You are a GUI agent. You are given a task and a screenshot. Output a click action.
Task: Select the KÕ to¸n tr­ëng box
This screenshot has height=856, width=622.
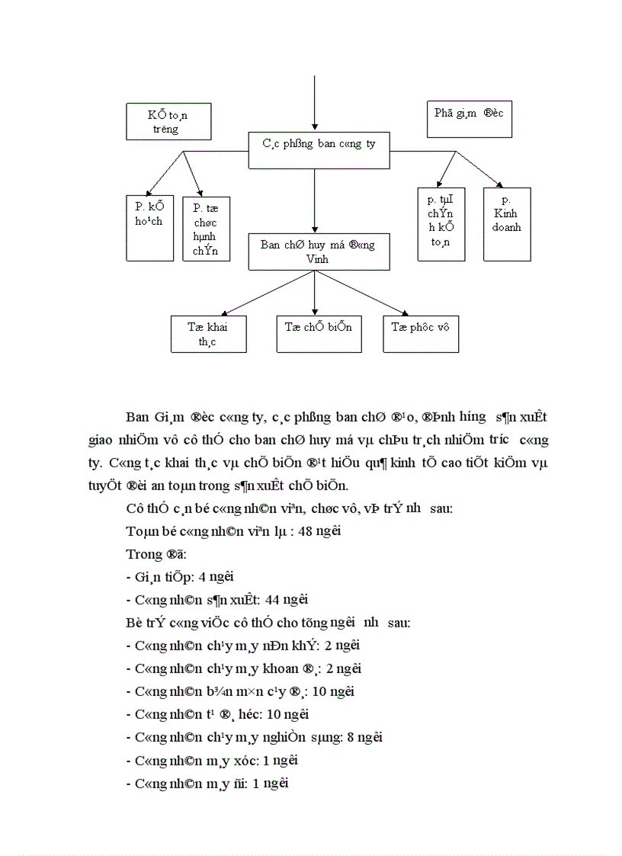[168, 122]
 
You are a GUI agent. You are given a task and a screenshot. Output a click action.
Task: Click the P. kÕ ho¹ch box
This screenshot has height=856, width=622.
[149, 226]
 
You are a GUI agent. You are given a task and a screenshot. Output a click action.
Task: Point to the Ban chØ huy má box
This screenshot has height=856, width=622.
[319, 252]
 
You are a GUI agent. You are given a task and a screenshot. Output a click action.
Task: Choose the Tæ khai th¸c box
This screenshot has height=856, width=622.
[208, 334]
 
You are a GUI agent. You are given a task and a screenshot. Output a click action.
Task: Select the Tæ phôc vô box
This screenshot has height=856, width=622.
[421, 334]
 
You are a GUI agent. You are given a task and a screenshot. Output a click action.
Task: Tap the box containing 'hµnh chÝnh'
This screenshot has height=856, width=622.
[207, 228]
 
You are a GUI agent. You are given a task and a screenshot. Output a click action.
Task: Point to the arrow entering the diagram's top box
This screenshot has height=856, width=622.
[314, 103]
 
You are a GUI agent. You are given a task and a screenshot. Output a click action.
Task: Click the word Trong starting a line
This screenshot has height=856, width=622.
[140, 554]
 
